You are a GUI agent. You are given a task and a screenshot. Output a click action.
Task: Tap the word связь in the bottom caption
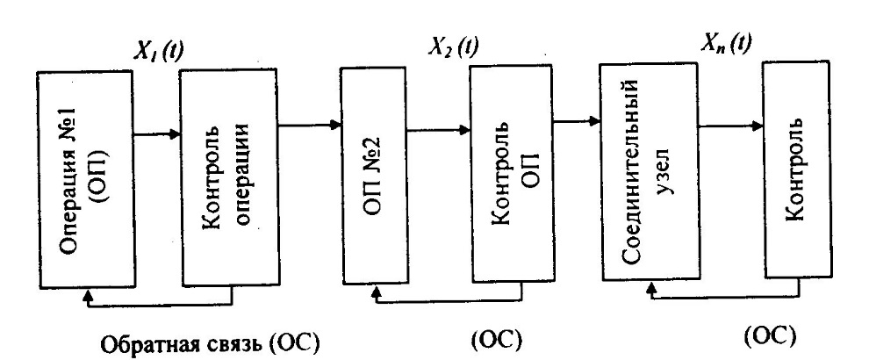(x=221, y=341)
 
